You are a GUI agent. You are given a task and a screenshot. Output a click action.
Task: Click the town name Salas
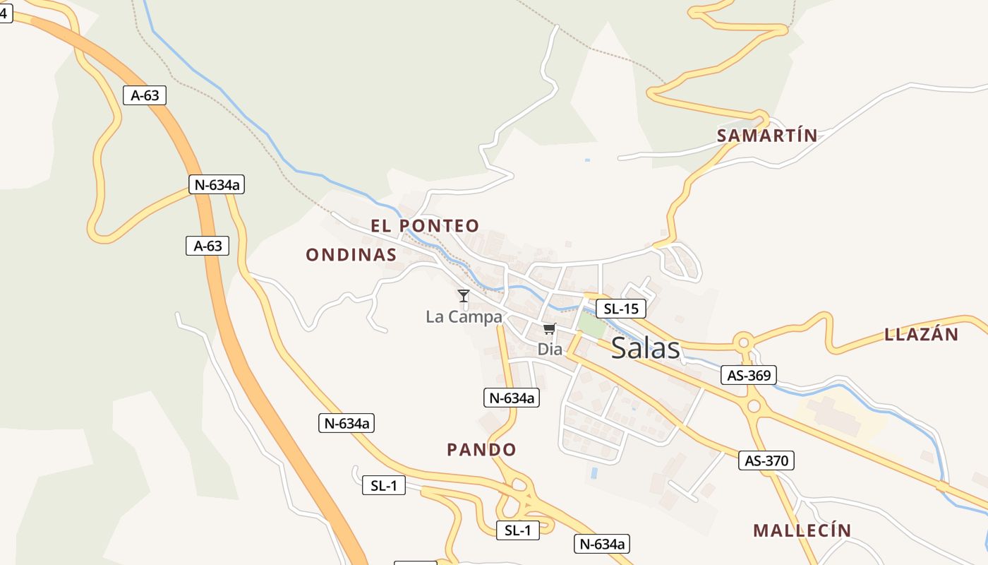(645, 348)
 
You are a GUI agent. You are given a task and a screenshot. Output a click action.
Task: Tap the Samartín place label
(767, 136)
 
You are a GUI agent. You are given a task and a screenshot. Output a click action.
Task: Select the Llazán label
(922, 335)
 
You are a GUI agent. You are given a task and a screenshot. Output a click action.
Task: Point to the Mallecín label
(802, 530)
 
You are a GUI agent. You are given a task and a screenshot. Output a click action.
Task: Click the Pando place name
(481, 450)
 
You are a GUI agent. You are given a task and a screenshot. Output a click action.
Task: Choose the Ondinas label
(351, 255)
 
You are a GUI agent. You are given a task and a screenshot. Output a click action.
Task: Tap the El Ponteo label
(425, 226)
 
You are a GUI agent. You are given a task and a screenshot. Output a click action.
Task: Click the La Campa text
(464, 317)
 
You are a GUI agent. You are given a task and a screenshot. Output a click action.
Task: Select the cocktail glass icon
(463, 296)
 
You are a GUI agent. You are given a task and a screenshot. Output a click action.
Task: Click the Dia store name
(549, 349)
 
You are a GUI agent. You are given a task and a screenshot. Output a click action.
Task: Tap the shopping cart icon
(550, 329)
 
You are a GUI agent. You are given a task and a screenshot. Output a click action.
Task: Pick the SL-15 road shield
(620, 309)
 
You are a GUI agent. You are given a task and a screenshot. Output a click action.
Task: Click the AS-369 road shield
(749, 375)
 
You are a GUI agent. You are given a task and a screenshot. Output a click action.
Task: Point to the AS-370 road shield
(766, 461)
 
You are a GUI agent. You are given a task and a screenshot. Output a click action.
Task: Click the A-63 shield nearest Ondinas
(207, 246)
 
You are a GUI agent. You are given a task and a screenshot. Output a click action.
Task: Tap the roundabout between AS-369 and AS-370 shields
(754, 407)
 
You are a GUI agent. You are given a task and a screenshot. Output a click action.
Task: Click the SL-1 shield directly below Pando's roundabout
(518, 530)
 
